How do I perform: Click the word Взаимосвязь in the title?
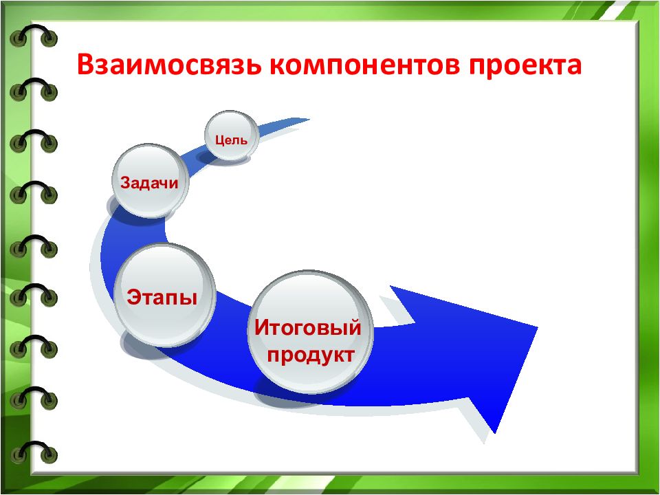169,66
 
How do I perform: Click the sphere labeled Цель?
231,135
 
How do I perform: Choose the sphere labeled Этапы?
164,295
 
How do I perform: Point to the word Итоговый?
308,327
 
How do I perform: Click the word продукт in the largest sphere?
311,355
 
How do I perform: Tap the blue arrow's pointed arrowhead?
537,327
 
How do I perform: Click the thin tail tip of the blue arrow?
309,120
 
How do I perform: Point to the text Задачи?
149,183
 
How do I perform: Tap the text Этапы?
162,296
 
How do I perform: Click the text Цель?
231,140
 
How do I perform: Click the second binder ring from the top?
33,89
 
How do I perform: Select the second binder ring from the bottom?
33,398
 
